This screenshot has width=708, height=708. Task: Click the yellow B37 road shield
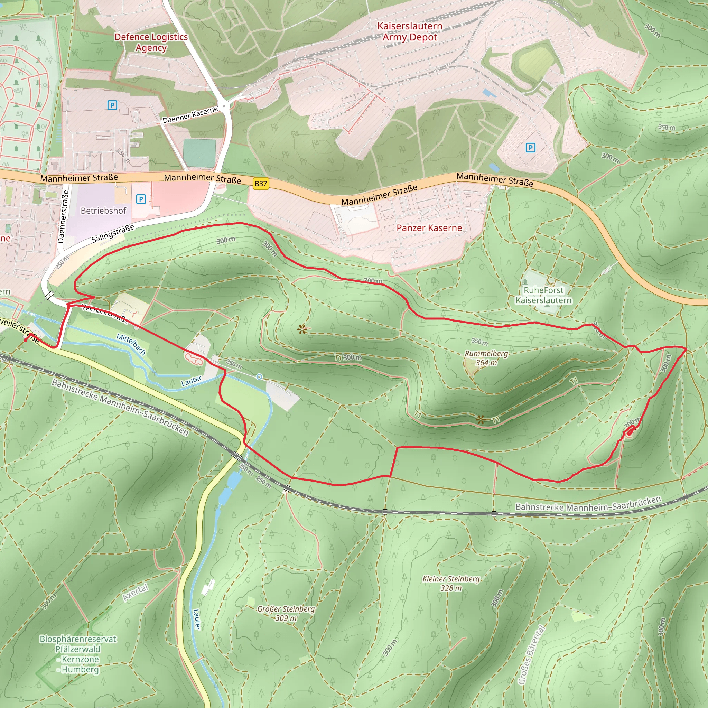(261, 184)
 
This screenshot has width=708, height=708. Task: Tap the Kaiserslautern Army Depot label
(410, 31)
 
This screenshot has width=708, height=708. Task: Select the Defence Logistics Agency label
(151, 42)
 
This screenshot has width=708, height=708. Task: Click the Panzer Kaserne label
(429, 228)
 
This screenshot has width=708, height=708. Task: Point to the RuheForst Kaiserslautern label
(543, 295)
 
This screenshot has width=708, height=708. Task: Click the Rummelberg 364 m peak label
(486, 358)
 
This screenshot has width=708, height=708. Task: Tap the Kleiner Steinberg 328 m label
(451, 584)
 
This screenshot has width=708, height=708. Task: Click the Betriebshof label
(103, 211)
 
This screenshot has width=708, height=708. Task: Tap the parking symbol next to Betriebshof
(141, 199)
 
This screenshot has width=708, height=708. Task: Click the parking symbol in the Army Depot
(530, 148)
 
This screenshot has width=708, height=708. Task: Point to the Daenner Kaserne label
(190, 115)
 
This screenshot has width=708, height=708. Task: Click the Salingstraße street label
(112, 234)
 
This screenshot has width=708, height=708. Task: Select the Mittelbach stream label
(131, 344)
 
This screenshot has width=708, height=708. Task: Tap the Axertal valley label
(136, 593)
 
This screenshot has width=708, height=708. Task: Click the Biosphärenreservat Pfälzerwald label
(78, 654)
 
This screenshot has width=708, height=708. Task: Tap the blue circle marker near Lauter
(259, 377)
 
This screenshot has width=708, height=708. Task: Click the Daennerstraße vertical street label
(63, 216)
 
